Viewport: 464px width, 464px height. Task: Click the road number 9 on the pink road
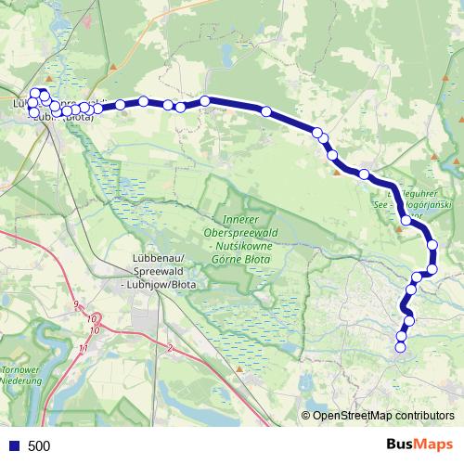point(76,305)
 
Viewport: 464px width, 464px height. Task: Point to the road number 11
point(84,347)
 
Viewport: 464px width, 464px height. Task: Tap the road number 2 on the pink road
point(171,348)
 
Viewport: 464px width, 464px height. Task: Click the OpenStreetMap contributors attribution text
point(383,417)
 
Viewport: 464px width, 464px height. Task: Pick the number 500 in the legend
point(39,446)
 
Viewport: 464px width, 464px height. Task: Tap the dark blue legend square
point(14,446)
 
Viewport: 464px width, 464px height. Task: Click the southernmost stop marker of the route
point(401,347)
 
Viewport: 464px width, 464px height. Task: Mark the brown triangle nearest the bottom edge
point(239,369)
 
